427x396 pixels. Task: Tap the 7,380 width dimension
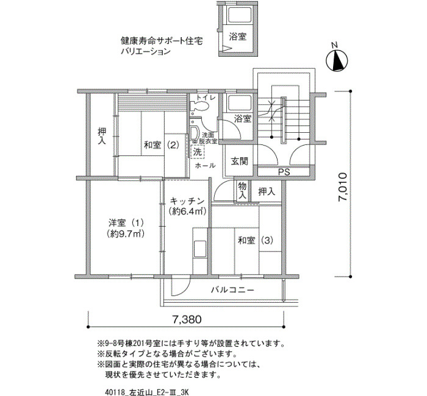tap(187, 319)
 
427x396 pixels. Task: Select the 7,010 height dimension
tap(343, 186)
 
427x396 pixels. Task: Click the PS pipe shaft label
tap(284, 172)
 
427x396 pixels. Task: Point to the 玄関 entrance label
tap(240, 161)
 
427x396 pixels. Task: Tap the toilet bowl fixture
tap(199, 106)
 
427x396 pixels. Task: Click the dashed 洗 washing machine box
tap(197, 151)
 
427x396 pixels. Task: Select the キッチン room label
tap(187, 202)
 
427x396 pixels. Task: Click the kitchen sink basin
tap(200, 249)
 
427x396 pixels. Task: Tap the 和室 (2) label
tap(162, 146)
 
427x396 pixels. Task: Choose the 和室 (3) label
tap(256, 241)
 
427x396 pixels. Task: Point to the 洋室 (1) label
tap(126, 224)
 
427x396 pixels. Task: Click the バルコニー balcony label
tap(233, 290)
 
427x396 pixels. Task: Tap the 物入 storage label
tap(242, 191)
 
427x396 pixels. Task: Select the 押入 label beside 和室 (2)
tap(102, 136)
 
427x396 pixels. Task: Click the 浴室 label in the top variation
tap(237, 37)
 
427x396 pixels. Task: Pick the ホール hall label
tap(206, 165)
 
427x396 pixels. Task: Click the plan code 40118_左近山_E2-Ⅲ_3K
tap(146, 392)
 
